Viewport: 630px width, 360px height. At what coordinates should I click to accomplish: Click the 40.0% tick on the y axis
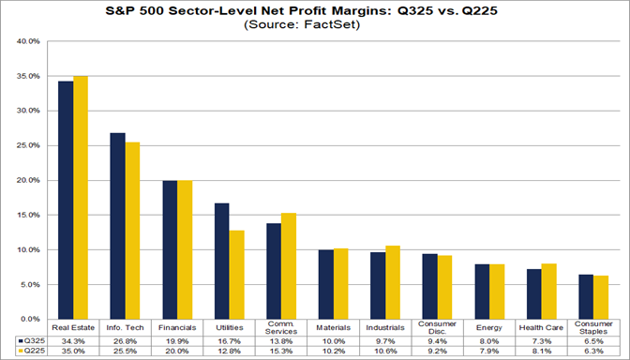26,42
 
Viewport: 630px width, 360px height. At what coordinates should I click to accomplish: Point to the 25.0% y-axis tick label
26,145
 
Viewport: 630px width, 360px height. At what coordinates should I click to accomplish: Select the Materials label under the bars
333,328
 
